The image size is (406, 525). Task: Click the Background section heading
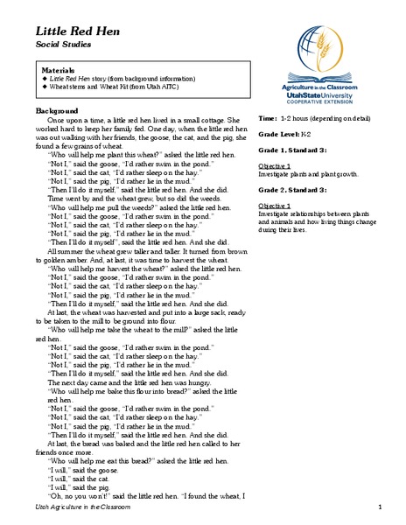coord(58,111)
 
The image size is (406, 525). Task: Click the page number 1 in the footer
coord(381,507)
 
